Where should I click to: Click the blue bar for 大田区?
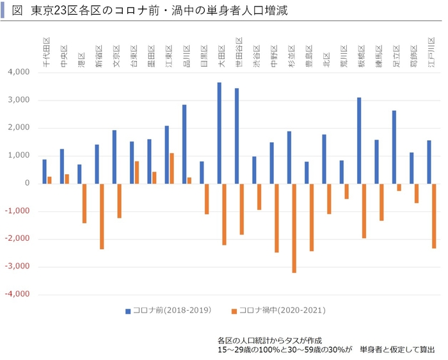pyautogui.click(x=219, y=133)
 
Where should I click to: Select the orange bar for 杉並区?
pyautogui.click(x=294, y=228)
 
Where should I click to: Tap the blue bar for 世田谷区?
pyautogui.click(x=237, y=136)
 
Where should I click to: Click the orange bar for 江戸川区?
pyautogui.click(x=434, y=216)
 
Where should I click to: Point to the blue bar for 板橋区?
pyautogui.click(x=359, y=140)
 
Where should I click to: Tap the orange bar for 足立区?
pyautogui.click(x=399, y=187)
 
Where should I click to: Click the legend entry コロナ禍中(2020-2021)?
pyautogui.click(x=278, y=311)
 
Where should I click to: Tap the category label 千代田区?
pyautogui.click(x=46, y=56)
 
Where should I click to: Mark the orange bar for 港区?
pyautogui.click(x=84, y=203)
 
